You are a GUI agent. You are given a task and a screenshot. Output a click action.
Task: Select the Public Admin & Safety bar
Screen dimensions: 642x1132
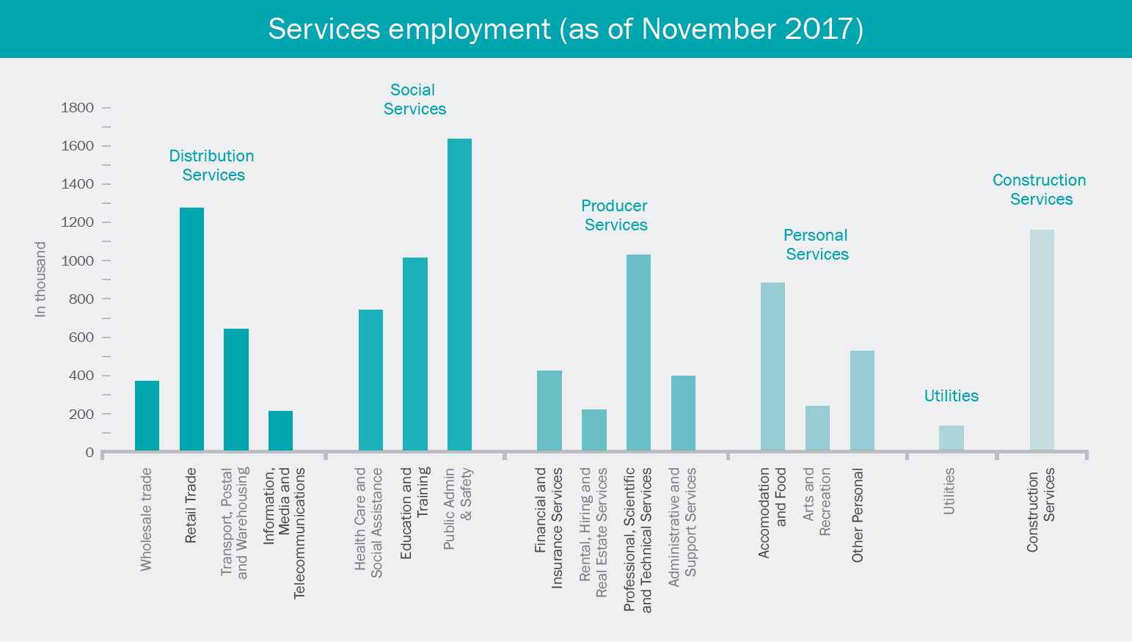(x=459, y=294)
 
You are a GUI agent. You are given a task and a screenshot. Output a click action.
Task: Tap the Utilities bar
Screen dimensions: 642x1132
(x=951, y=438)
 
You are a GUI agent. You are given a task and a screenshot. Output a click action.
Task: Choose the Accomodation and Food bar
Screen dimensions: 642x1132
(x=773, y=366)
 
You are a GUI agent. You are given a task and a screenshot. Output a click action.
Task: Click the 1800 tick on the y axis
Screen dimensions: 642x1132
(x=78, y=108)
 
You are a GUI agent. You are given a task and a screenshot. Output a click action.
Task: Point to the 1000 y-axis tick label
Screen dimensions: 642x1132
(x=78, y=261)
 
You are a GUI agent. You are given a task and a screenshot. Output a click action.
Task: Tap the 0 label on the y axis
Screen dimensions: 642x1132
(x=90, y=453)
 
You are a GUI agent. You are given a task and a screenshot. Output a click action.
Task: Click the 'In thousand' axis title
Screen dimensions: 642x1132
(x=40, y=280)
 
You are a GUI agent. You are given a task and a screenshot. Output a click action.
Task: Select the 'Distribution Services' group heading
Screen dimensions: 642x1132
(x=212, y=165)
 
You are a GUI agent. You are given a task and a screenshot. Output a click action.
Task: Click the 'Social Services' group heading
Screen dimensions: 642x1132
(x=414, y=99)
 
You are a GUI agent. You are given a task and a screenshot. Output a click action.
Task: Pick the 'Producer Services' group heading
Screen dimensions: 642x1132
(x=615, y=215)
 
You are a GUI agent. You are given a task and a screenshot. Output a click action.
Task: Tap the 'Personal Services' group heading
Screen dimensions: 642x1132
(x=816, y=244)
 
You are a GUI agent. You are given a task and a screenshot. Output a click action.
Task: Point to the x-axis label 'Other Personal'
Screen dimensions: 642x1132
(x=858, y=515)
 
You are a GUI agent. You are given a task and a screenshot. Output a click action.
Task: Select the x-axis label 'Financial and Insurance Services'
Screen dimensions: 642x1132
(x=549, y=528)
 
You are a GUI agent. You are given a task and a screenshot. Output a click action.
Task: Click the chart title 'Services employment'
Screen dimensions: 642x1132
(x=565, y=29)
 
